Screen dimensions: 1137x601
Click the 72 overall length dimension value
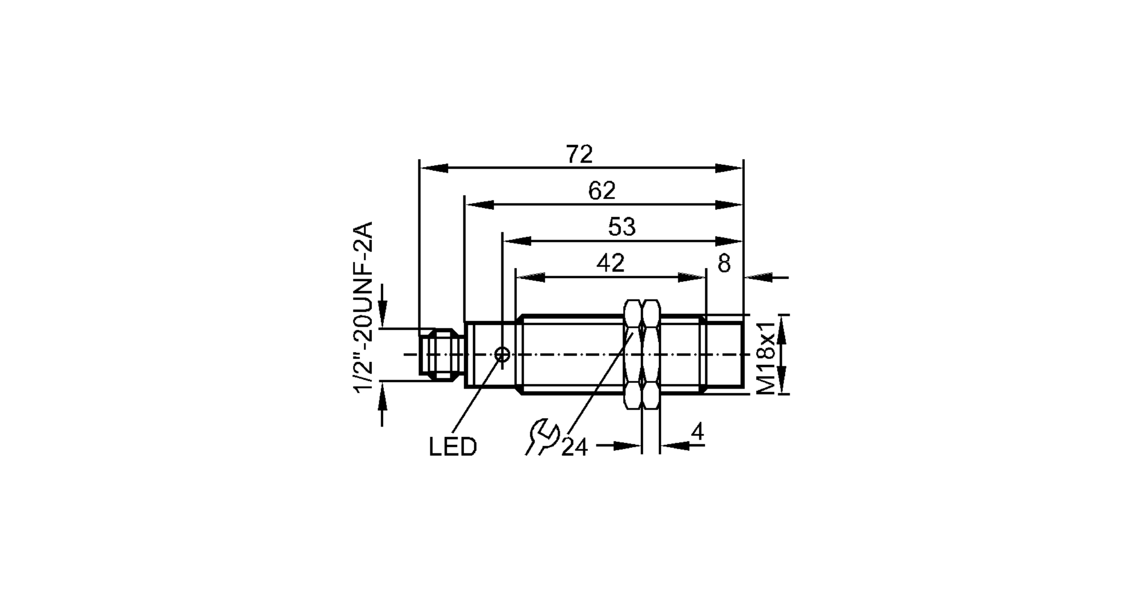(579, 155)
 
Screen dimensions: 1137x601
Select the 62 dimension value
(601, 191)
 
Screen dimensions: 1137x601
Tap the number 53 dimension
(621, 227)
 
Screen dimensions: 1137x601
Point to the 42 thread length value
(611, 263)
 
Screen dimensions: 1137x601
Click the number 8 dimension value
(724, 264)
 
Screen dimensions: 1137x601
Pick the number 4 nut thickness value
(697, 433)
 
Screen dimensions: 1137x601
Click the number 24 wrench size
(574, 448)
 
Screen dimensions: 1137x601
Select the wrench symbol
(542, 436)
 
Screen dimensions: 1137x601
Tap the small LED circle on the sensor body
(502, 354)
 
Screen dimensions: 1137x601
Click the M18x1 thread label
(766, 357)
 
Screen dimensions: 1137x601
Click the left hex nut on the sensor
(633, 354)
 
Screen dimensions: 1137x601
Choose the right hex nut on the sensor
(651, 354)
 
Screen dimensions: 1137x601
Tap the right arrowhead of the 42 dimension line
(692, 277)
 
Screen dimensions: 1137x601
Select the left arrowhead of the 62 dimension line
(479, 204)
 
